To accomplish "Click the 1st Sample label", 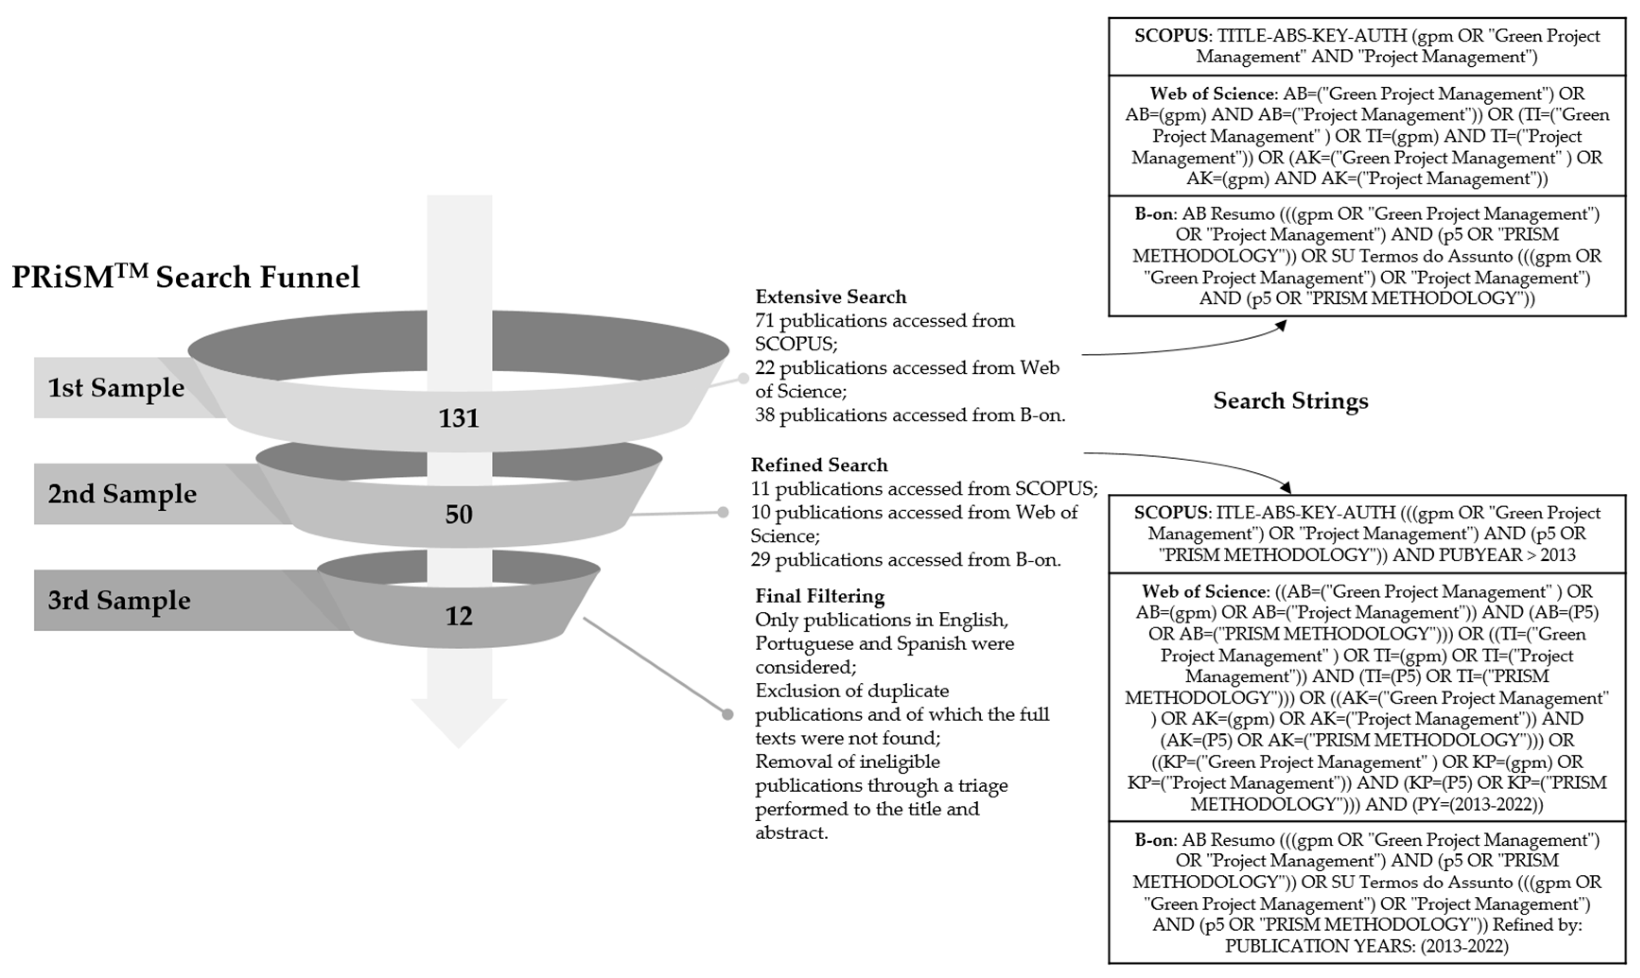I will point(116,387).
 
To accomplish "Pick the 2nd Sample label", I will point(122,494).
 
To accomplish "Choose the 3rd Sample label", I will point(119,601).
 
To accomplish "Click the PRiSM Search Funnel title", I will point(186,277).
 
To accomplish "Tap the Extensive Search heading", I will point(830,297).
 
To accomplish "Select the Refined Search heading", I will point(819,465).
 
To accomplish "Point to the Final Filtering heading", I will point(820,596).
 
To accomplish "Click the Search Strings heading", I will point(1290,401).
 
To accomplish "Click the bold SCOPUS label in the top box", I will point(1172,36).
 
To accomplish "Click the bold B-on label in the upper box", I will point(1153,214).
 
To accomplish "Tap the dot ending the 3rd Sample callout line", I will point(727,714).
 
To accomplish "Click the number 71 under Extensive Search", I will point(764,321).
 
